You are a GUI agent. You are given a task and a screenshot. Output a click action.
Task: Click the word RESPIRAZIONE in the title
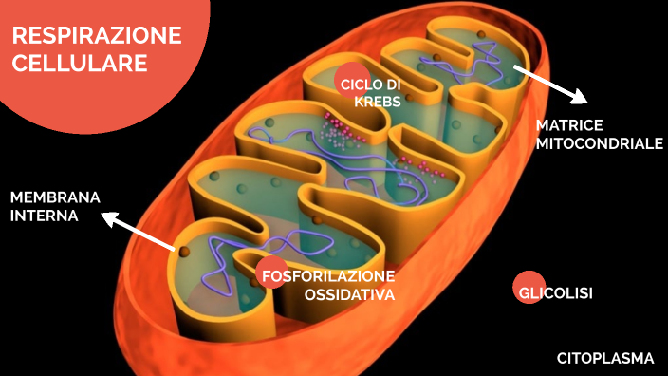pos(97,36)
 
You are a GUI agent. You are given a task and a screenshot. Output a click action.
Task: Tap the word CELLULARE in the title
pos(80,63)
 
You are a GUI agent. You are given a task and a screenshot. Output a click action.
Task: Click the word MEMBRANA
pos(55,197)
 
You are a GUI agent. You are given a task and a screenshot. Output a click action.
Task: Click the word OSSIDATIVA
pos(348,295)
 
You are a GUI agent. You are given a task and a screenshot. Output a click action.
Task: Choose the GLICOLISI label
pos(555,293)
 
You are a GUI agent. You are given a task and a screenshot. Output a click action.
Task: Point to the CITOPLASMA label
pos(605,358)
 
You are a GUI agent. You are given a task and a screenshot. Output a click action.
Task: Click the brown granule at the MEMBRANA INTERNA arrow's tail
pos(185,252)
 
